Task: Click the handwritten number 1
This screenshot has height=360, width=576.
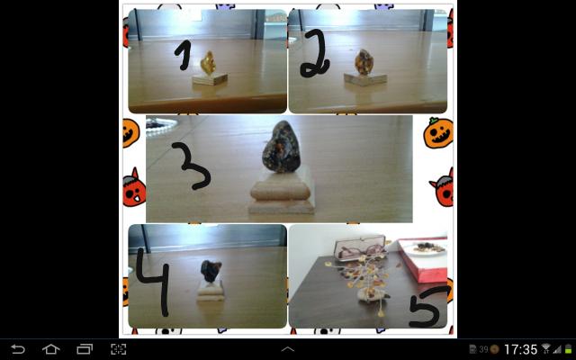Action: click(x=184, y=55)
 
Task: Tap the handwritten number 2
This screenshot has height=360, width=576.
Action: click(x=315, y=55)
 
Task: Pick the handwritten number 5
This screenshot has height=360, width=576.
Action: click(x=427, y=307)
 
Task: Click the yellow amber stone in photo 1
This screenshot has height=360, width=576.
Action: click(x=208, y=63)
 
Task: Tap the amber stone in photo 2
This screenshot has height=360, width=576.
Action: click(x=364, y=62)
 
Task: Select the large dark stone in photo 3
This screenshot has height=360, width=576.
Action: click(x=282, y=147)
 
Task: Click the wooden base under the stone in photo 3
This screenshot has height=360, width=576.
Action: click(x=282, y=192)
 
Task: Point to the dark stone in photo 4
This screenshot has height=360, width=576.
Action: click(x=211, y=272)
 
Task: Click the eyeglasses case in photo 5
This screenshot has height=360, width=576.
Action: click(x=360, y=248)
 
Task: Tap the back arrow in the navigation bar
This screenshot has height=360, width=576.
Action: click(x=18, y=349)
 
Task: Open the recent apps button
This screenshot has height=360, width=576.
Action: click(x=85, y=349)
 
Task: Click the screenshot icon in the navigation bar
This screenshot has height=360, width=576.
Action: click(x=118, y=349)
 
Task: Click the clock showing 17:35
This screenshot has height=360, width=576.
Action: click(x=520, y=349)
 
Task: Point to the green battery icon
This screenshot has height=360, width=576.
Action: click(x=569, y=349)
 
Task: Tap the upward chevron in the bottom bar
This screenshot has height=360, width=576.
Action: click(x=288, y=349)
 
